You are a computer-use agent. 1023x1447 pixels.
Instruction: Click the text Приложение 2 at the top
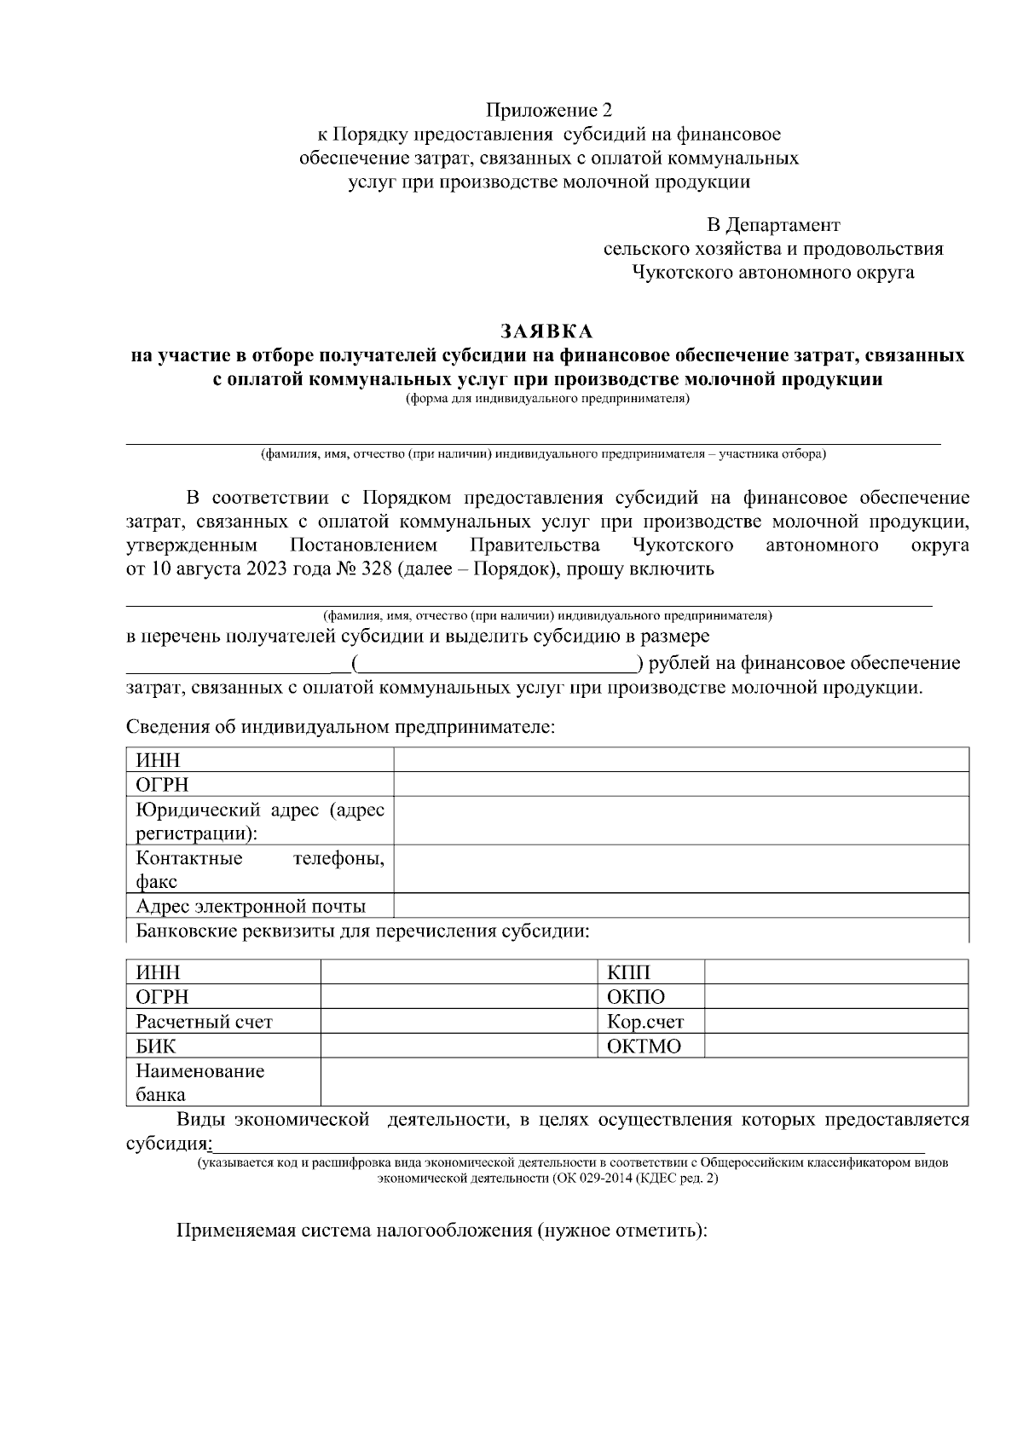[549, 111]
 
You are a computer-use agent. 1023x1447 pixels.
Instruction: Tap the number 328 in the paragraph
[376, 569]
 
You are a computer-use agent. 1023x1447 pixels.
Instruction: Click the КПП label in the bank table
[628, 972]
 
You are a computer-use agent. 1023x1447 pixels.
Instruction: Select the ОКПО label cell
[635, 997]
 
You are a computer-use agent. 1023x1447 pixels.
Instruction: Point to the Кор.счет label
[645, 1022]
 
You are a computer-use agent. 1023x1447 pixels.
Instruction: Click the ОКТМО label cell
[644, 1046]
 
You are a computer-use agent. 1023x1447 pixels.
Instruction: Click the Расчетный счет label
[204, 1022]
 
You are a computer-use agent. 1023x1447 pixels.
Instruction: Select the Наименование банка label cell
[200, 1082]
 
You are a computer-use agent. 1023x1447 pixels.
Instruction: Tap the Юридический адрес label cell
[259, 821]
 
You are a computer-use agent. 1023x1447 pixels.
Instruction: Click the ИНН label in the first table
[159, 760]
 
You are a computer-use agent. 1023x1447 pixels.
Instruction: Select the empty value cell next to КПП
[835, 972]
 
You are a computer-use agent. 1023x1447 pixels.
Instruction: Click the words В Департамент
[773, 225]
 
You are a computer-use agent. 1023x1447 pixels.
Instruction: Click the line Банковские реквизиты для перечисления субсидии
[362, 931]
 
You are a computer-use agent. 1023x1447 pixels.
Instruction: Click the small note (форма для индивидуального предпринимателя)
[546, 399]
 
